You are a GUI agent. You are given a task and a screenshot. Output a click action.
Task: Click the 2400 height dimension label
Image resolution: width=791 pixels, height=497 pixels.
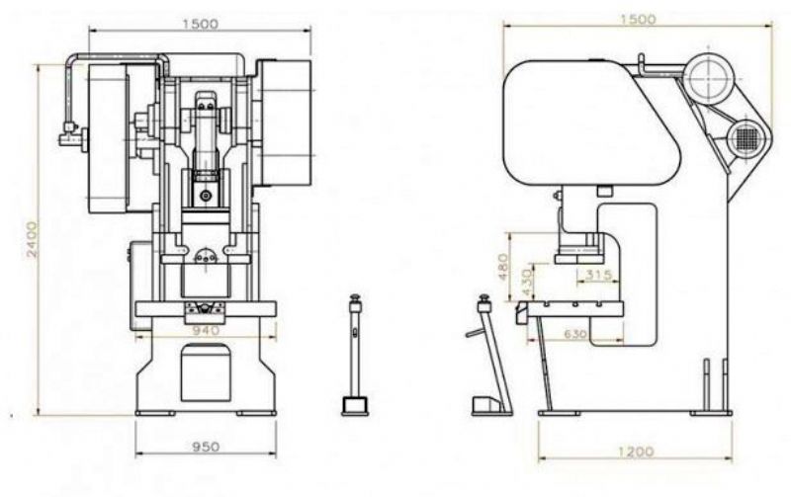[x=32, y=239]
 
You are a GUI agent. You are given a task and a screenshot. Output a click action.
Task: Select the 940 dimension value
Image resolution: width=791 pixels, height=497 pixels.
[x=206, y=331]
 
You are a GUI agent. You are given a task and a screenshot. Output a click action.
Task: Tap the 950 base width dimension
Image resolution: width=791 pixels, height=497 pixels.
[x=206, y=447]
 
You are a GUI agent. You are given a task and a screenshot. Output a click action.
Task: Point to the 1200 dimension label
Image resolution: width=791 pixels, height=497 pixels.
[x=635, y=452]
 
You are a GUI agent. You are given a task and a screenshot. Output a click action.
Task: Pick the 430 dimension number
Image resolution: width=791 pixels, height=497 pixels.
[x=526, y=284]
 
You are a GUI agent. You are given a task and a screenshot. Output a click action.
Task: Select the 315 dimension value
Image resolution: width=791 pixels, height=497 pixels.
[x=599, y=275]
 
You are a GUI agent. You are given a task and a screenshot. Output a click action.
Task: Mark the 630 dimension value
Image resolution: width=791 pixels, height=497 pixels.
[x=575, y=334]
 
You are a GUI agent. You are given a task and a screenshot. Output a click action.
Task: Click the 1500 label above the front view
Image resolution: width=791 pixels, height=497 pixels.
[x=201, y=24]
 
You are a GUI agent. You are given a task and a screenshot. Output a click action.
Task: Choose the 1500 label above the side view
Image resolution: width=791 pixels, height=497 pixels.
[x=638, y=20]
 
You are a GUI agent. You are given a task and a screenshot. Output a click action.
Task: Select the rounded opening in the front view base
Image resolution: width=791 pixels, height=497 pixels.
[x=206, y=373]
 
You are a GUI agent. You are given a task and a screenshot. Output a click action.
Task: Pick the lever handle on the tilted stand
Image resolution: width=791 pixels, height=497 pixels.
[x=476, y=333]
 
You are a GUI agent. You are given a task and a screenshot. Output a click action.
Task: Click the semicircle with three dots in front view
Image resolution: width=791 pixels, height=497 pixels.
[x=206, y=256]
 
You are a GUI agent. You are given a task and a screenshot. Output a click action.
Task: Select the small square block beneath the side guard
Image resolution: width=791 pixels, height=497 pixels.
[x=604, y=191]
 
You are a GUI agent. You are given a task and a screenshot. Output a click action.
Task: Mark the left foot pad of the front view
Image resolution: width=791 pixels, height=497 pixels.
[x=155, y=413]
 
